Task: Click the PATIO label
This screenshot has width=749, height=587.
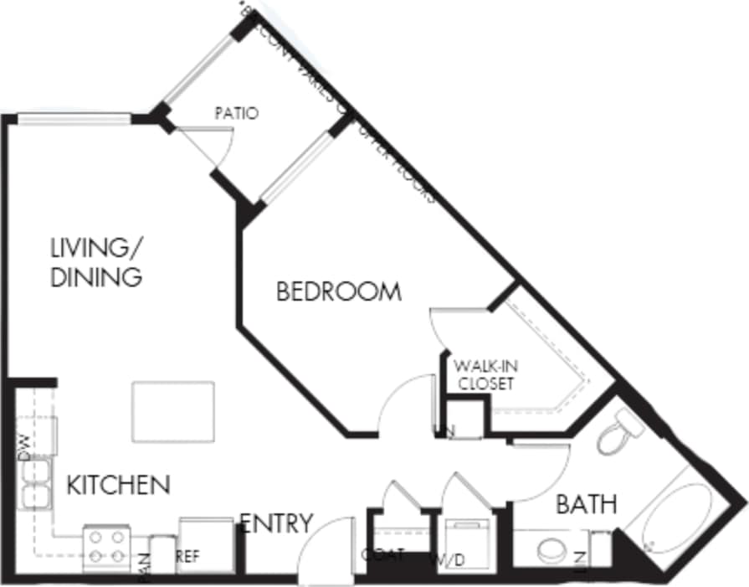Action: (x=236, y=113)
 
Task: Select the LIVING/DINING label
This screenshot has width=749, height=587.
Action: (x=96, y=262)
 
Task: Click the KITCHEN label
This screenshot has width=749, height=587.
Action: (x=118, y=484)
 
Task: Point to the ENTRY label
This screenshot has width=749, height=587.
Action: (x=276, y=524)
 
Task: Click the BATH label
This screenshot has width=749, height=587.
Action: (x=587, y=504)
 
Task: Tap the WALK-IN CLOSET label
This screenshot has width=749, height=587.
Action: (x=484, y=374)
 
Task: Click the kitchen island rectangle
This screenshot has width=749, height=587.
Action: (x=172, y=411)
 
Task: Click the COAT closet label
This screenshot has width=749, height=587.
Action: (x=384, y=554)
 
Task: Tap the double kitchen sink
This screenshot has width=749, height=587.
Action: (x=34, y=484)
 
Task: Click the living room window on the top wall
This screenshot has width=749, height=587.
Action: (x=74, y=119)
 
